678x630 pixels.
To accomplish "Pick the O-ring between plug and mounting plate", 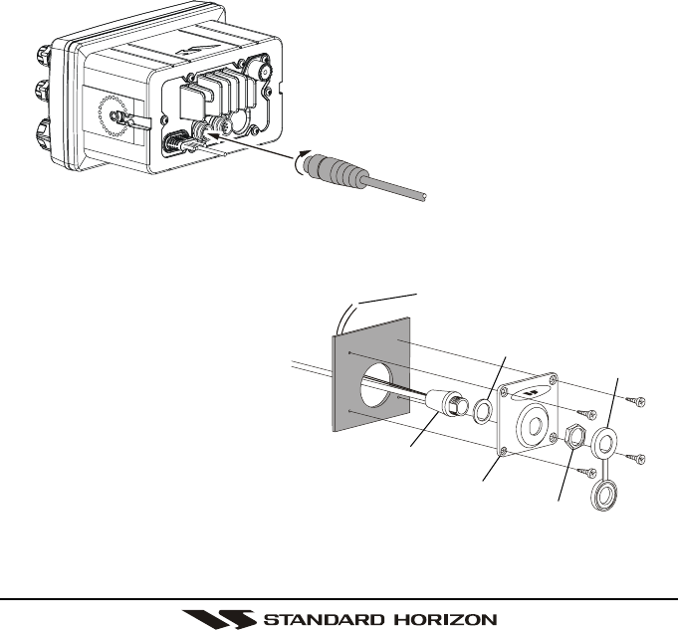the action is point(483,410).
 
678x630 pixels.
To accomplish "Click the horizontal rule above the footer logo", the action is point(339,598).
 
